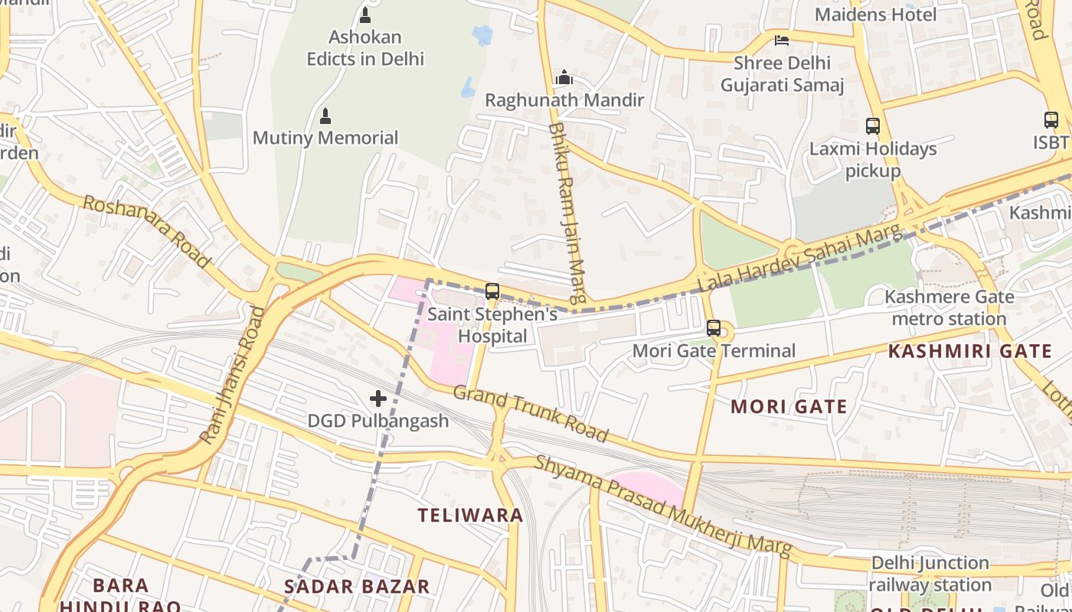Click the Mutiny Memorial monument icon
pos(325,116)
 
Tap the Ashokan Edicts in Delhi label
pos(365,47)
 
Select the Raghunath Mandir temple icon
pos(564,77)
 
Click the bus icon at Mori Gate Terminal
pos(714,328)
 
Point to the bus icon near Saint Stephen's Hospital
pos(492,291)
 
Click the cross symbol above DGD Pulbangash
pos(377,398)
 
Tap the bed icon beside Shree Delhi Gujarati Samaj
pos(781,41)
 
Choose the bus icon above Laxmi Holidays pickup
pos(873,126)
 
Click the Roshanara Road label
pos(145,231)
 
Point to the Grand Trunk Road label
pos(530,413)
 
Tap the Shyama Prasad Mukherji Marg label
pos(662,506)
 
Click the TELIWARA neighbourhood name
pos(470,515)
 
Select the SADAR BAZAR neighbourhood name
pos(357,587)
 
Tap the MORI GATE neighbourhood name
pos(789,406)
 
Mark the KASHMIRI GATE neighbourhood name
pos(969,352)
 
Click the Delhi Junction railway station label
pos(930,574)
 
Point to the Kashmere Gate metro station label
pos(949,308)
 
